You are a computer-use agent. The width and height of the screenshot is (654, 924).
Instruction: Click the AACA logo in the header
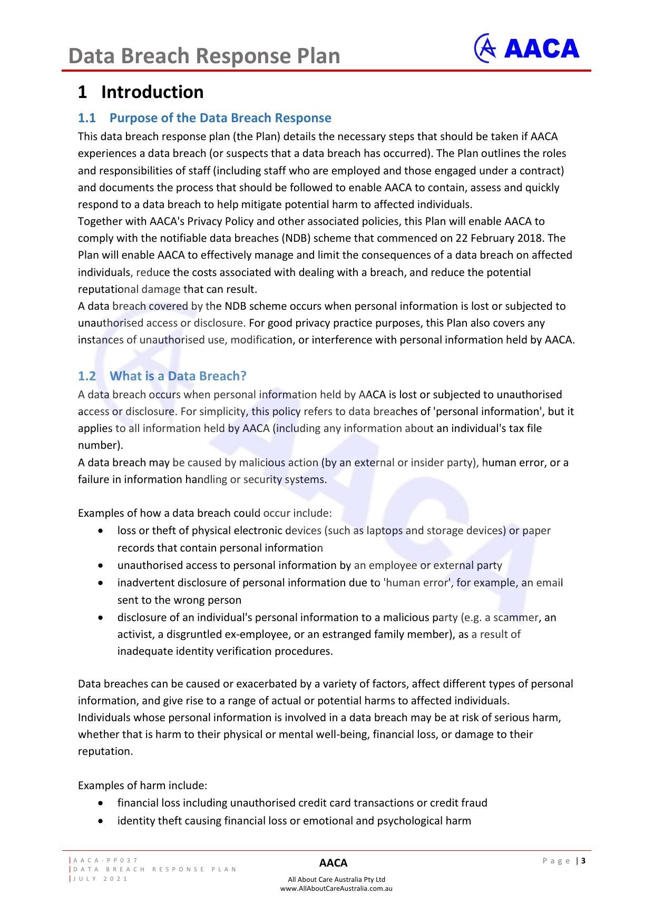[526, 48]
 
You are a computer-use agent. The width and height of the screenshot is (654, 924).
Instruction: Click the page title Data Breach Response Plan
[204, 56]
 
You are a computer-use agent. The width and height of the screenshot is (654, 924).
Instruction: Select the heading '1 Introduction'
[141, 92]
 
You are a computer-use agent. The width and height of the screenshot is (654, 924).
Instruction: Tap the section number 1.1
[87, 118]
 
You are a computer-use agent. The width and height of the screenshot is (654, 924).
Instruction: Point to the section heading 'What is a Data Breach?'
[178, 376]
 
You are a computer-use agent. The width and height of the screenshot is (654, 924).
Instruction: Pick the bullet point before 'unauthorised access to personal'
[101, 565]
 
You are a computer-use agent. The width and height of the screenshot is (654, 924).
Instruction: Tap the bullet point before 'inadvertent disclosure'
[101, 583]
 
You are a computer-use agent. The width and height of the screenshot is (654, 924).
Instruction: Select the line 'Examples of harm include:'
[142, 785]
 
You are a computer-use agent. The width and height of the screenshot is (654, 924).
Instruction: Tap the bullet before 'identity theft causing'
[101, 821]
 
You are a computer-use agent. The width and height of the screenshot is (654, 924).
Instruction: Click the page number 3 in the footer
[583, 861]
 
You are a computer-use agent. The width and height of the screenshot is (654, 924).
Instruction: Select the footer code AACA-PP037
[106, 860]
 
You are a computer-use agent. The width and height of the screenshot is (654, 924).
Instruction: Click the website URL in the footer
[336, 888]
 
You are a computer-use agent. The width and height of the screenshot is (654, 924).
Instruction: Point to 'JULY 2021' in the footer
[100, 879]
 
